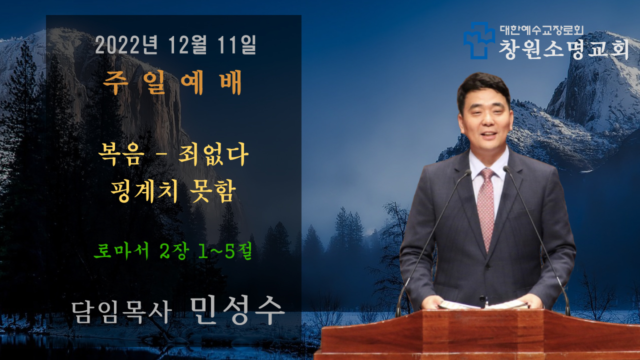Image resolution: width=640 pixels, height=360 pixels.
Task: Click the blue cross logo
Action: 479,40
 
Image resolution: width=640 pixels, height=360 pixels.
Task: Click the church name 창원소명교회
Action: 563,49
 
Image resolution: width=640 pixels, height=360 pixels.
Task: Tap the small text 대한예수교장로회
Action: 541,30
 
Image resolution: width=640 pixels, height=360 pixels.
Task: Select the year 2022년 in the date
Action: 126,45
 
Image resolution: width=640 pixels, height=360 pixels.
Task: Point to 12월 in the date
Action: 187,45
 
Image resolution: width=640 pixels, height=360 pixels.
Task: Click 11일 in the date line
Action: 236,45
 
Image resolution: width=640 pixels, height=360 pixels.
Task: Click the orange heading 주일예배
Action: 172,82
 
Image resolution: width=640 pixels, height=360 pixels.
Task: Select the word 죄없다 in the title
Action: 213,154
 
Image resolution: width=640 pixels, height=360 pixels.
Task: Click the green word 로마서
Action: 121,250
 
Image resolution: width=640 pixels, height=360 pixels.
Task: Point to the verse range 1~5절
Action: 225,250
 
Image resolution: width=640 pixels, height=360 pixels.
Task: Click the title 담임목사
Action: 121,312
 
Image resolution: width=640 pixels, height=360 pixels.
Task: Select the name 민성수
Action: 237,310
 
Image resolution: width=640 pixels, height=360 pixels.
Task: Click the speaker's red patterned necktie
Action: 486,208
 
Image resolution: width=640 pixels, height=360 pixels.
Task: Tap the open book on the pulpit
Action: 483,304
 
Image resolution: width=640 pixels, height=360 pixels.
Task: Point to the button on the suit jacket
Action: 482,299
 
